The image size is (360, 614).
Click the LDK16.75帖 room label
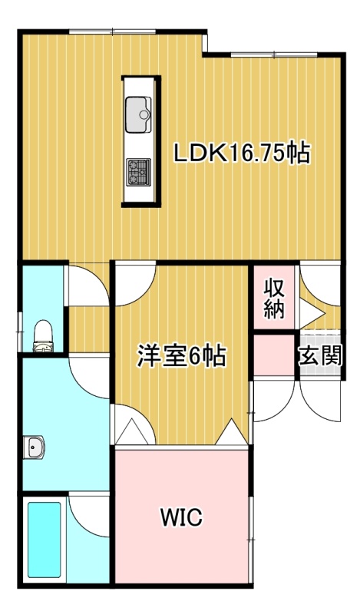click(x=242, y=153)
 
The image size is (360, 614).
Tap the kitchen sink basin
click(x=138, y=114)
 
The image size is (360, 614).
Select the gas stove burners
click(x=138, y=172)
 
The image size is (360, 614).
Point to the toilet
click(x=43, y=336)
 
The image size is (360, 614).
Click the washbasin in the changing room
click(x=34, y=447)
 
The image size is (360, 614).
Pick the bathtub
click(x=45, y=540)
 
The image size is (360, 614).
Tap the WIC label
click(x=181, y=517)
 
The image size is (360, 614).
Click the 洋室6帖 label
click(x=181, y=356)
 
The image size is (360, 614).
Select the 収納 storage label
click(x=273, y=298)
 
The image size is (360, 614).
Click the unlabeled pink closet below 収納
click(x=274, y=355)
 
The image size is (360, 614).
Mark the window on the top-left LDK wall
click(x=112, y=31)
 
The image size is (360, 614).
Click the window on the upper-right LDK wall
click(x=273, y=54)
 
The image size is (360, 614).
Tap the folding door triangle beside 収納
click(x=312, y=313)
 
